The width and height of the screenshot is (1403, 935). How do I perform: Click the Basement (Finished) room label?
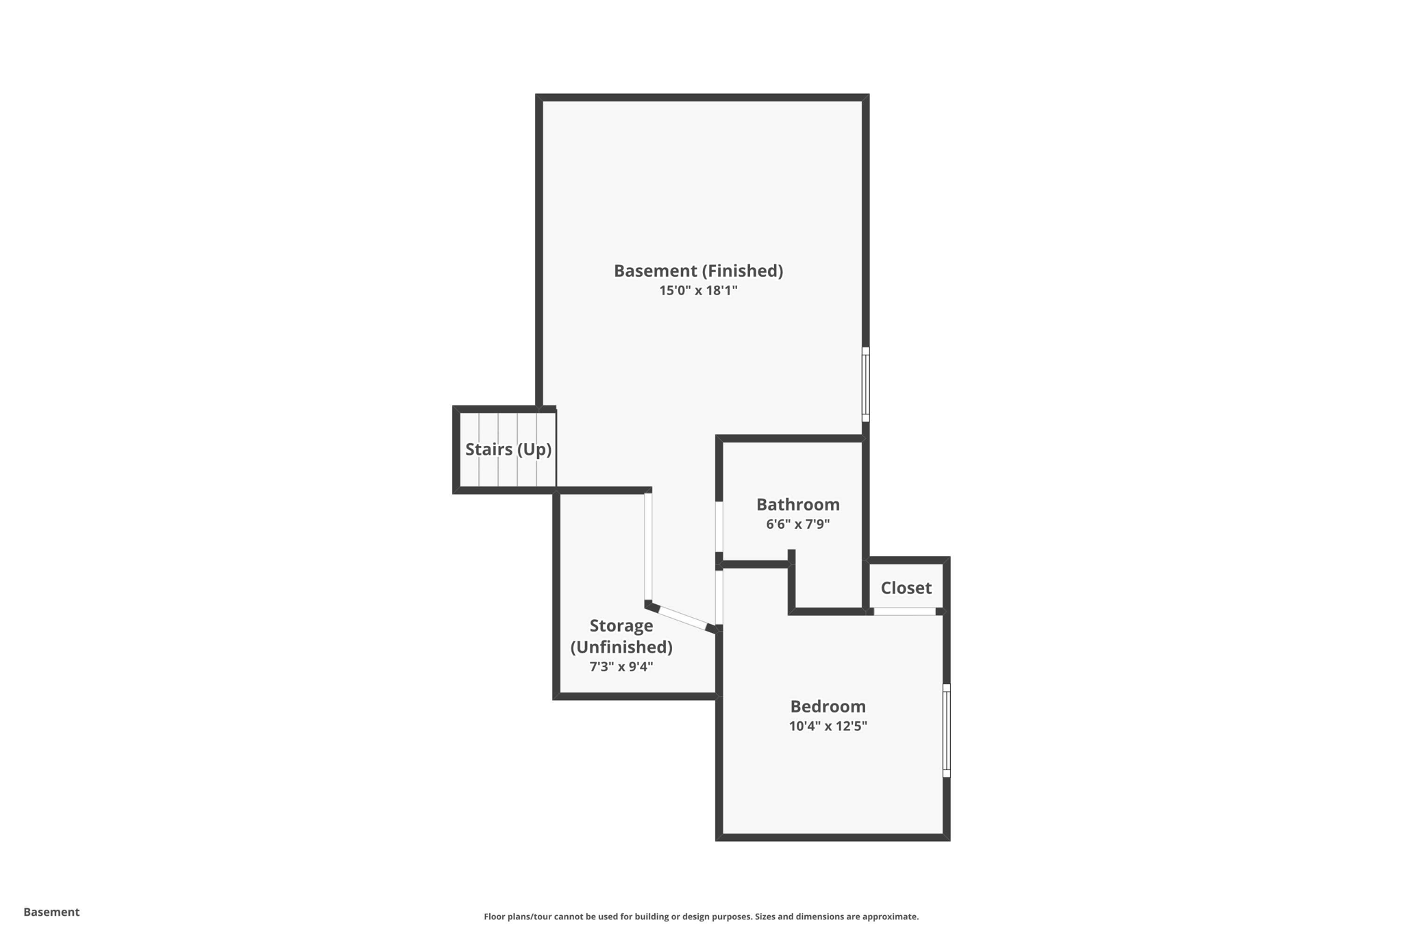698,271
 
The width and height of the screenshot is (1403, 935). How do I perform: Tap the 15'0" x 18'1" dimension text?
698,290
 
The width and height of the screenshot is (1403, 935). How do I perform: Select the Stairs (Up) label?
508,449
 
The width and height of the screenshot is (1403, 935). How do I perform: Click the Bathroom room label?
797,504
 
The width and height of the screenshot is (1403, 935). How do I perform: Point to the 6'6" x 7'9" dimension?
797,524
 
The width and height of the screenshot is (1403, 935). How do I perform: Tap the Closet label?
906,588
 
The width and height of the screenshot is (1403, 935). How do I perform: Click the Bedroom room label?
828,706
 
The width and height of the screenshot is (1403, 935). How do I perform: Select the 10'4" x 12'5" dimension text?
828,726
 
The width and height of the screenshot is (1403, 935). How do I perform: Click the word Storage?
621,625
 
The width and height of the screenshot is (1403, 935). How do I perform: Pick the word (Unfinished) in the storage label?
621,647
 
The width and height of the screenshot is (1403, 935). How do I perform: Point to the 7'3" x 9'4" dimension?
621,666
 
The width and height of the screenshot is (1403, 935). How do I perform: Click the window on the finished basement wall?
866,384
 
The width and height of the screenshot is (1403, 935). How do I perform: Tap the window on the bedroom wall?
947,730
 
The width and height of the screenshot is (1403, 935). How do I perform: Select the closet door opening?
905,611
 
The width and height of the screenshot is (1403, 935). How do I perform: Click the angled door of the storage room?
682,617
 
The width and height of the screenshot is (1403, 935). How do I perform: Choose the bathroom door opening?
719,527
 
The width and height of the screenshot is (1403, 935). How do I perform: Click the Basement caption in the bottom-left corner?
51,912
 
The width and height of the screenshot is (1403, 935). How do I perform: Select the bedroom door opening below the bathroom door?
719,597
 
